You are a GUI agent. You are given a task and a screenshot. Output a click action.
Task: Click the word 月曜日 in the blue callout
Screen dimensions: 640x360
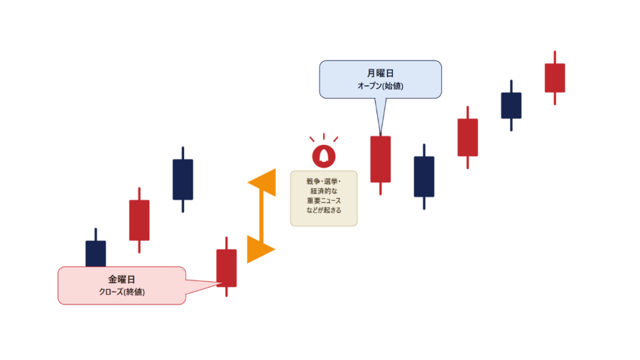click(x=380, y=73)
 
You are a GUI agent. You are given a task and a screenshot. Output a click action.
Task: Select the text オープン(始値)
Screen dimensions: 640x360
click(x=381, y=86)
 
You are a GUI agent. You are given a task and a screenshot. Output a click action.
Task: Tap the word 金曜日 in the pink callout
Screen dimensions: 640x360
click(x=121, y=279)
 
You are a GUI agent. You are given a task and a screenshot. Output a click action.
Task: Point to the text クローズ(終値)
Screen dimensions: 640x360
click(x=121, y=292)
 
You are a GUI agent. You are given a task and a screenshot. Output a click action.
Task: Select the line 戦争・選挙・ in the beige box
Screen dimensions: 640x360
click(x=324, y=181)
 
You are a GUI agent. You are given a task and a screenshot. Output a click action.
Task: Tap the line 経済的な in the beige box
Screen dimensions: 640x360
click(x=324, y=191)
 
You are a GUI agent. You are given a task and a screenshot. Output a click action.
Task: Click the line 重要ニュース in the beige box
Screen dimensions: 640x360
click(x=324, y=200)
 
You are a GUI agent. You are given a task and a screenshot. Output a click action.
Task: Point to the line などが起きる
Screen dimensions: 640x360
click(x=324, y=210)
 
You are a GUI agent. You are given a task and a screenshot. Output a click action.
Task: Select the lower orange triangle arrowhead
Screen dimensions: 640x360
click(x=258, y=249)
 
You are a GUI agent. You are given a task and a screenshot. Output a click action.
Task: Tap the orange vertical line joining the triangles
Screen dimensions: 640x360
click(x=261, y=216)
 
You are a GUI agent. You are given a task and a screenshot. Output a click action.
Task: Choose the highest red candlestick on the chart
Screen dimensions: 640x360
click(x=555, y=77)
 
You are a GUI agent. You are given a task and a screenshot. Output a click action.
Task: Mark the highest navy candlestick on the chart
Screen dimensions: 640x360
click(x=511, y=105)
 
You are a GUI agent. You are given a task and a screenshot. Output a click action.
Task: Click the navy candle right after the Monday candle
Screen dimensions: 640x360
click(x=424, y=176)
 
